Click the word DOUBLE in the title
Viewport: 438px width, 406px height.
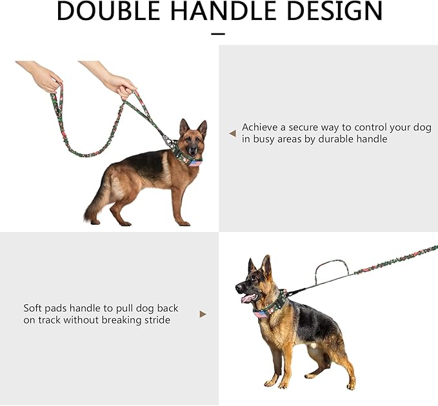click(x=108, y=11)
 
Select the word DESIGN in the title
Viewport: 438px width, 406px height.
click(x=334, y=11)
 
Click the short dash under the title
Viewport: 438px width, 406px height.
click(x=218, y=34)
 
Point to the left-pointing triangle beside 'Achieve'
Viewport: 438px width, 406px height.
click(x=232, y=133)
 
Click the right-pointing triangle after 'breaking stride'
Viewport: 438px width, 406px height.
click(x=203, y=314)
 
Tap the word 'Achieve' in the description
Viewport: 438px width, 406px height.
click(x=260, y=127)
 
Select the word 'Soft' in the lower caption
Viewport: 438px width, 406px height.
click(x=32, y=308)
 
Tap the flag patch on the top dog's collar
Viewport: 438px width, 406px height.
click(x=195, y=162)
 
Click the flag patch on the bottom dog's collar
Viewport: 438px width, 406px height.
click(x=261, y=314)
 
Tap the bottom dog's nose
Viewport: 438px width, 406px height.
click(x=238, y=287)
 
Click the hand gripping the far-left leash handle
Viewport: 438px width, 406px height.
click(x=42, y=76)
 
